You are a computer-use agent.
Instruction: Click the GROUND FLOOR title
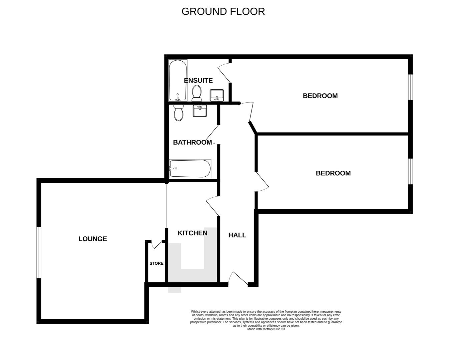(223, 11)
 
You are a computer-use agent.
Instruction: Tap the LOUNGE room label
(92, 239)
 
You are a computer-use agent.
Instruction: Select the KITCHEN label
(192, 233)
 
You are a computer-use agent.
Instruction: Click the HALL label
(237, 235)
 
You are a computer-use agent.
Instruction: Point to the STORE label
(156, 263)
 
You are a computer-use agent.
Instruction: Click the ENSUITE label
(198, 80)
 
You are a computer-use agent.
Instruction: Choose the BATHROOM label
(192, 142)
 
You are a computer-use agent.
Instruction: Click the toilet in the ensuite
(196, 93)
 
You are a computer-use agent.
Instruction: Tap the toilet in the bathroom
(179, 113)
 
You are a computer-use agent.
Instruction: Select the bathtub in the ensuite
(177, 80)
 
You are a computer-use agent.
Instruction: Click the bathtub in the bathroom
(190, 169)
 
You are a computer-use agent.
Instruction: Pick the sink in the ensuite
(217, 95)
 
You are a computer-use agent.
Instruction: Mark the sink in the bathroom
(200, 111)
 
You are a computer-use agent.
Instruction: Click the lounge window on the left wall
(39, 252)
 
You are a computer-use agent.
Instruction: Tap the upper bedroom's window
(411, 87)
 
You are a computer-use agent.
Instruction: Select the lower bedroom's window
(411, 171)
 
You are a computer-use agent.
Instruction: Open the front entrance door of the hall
(239, 279)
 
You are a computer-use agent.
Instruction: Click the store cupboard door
(156, 244)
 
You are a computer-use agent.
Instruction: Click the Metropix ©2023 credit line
(266, 329)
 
